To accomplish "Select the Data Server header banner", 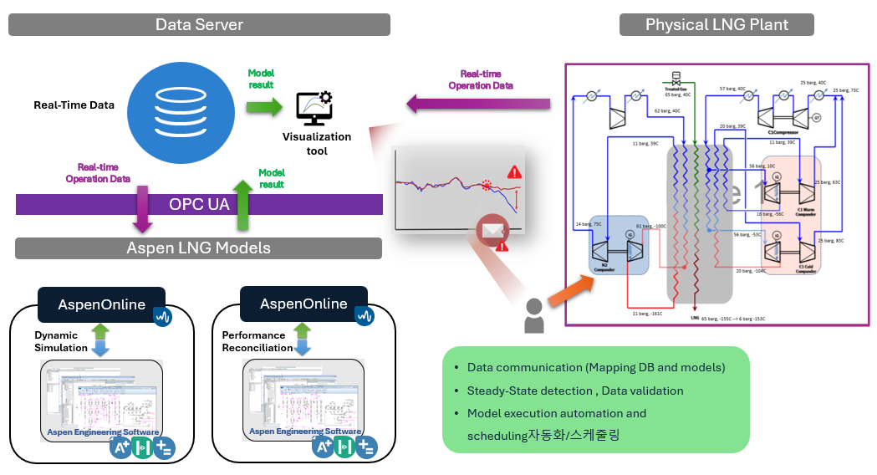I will point(199,24).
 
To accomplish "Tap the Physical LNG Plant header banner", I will point(716,24).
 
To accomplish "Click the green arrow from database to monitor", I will point(263,106).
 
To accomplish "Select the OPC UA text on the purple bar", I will point(198,205).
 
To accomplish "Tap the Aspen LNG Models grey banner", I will point(198,248).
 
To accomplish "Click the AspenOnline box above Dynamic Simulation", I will point(101,304).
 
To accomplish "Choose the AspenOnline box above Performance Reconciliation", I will point(303,304).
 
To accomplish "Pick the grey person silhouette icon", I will point(532,315).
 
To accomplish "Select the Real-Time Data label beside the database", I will point(74,105).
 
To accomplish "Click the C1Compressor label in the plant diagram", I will point(782,131).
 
